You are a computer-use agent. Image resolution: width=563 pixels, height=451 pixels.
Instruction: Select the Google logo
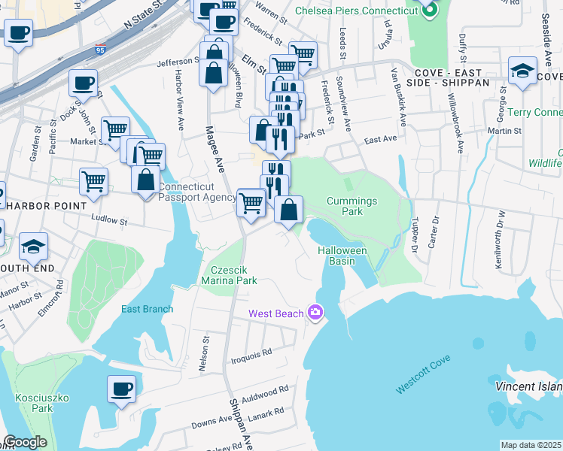click(x=25, y=442)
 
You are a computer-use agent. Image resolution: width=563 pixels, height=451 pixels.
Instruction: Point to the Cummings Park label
click(x=351, y=206)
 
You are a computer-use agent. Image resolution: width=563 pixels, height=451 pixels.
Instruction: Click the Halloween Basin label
click(x=341, y=256)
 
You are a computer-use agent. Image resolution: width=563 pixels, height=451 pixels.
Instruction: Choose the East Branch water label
click(x=148, y=309)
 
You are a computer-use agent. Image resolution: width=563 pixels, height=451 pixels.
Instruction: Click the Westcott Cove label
click(x=424, y=382)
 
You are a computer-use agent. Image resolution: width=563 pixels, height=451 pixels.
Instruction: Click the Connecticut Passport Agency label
click(x=198, y=192)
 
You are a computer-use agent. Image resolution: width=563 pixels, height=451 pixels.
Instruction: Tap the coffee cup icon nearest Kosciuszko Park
click(x=121, y=389)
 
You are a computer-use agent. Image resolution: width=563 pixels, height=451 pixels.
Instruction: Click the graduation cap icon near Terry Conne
click(x=522, y=71)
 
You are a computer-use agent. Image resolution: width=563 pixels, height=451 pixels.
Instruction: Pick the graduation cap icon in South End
click(x=33, y=246)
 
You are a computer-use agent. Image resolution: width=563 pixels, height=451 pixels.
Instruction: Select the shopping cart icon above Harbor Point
click(x=93, y=181)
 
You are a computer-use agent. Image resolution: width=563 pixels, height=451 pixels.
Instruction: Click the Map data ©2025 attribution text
click(x=531, y=445)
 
